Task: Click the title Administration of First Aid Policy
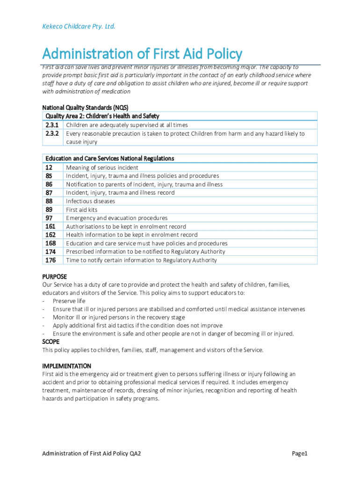(x=142, y=54)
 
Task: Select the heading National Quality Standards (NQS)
(x=85, y=107)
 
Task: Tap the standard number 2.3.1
(x=52, y=125)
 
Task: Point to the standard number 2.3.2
(x=52, y=133)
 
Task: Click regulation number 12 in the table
(x=49, y=167)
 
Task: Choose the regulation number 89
(x=49, y=210)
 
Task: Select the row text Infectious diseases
(x=90, y=201)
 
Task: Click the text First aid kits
(x=82, y=210)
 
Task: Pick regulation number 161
(x=50, y=226)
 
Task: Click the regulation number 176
(x=50, y=260)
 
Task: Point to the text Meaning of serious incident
(x=102, y=167)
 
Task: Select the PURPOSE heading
(x=55, y=276)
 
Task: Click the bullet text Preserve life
(x=69, y=301)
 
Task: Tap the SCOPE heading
(x=51, y=342)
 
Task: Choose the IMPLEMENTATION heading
(x=66, y=366)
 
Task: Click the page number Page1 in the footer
(x=299, y=453)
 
